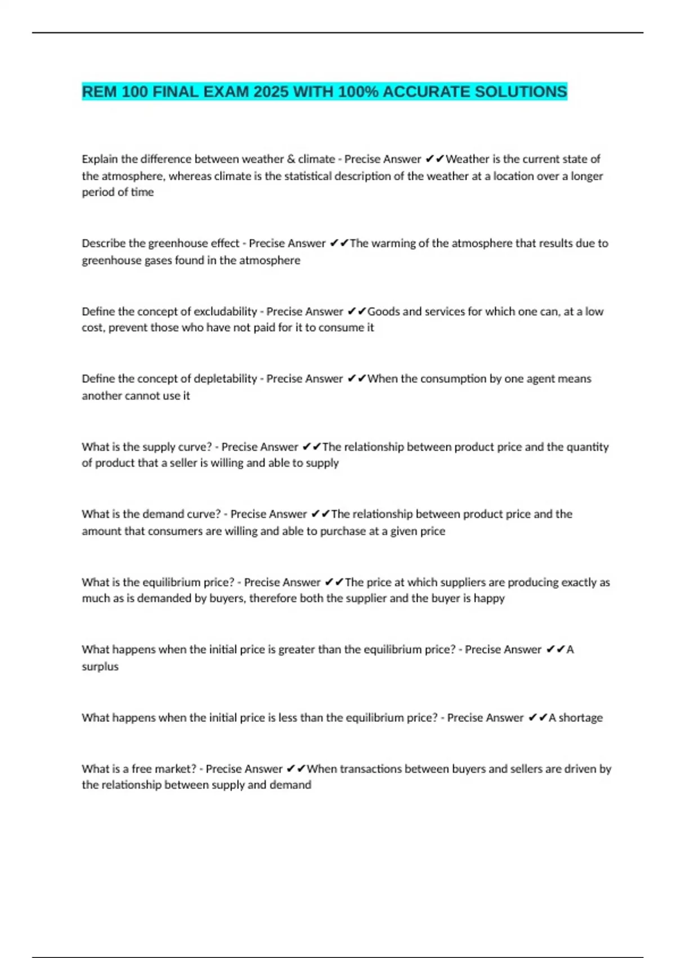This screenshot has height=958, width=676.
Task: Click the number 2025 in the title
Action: (x=271, y=92)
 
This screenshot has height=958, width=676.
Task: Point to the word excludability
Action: (x=225, y=312)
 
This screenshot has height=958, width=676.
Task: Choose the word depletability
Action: (x=225, y=379)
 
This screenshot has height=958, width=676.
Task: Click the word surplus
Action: (x=100, y=667)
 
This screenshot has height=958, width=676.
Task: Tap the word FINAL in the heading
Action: (x=175, y=92)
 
